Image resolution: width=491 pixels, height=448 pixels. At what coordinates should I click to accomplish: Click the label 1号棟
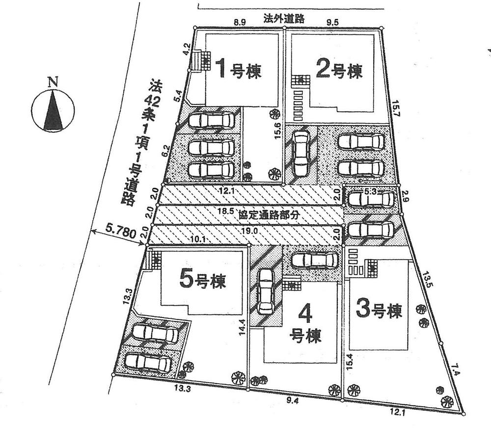(x=239, y=70)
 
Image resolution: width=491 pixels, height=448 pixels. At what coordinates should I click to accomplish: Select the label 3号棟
(x=379, y=310)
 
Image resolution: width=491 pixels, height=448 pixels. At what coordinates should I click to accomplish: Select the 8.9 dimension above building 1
(x=239, y=23)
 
